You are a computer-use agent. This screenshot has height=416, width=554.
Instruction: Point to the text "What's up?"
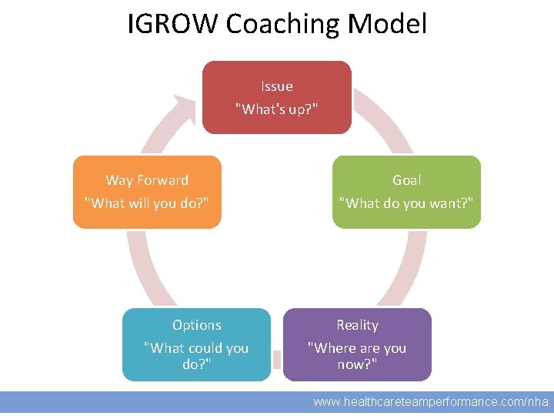[276, 109]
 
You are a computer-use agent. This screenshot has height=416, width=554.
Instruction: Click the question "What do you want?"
[406, 203]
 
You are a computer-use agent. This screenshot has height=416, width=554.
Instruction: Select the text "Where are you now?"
[357, 355]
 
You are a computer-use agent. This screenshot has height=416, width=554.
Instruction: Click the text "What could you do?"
[196, 355]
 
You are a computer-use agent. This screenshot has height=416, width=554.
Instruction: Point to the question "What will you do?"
[147, 203]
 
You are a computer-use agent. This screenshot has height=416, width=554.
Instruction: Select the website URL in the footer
[431, 401]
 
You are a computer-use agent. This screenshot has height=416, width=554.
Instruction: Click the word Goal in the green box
[406, 180]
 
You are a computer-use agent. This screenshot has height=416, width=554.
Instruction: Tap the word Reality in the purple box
[357, 325]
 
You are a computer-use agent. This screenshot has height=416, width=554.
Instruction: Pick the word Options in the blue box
[196, 325]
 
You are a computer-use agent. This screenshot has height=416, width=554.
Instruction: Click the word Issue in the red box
[276, 86]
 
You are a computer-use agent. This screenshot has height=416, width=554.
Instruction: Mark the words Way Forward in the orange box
[147, 180]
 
